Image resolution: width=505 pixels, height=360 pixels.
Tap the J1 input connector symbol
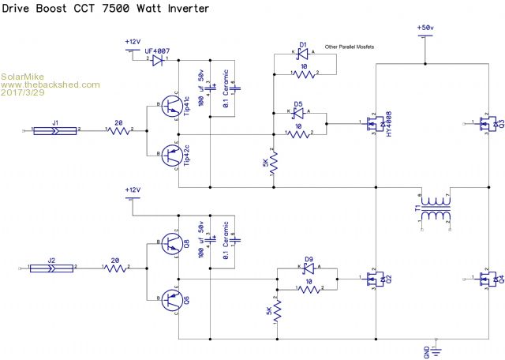(54, 130)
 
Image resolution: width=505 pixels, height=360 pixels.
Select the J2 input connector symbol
(53, 268)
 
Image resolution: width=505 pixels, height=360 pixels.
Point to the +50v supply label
(425, 28)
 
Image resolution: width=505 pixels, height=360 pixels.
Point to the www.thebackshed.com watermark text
(50, 84)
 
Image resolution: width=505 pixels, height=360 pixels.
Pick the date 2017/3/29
(24, 92)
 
